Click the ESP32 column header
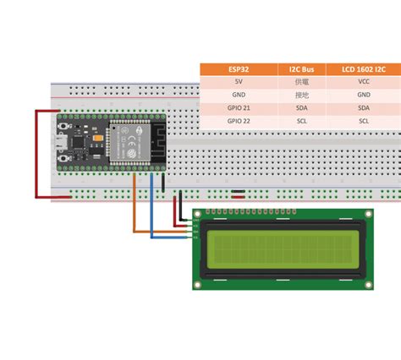tap(239, 69)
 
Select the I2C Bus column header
tap(301, 69)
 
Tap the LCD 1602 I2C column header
tap(364, 69)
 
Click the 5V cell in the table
tap(239, 82)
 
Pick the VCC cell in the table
tap(364, 82)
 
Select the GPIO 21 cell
tap(239, 108)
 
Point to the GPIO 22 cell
tap(239, 121)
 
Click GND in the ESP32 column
tap(239, 95)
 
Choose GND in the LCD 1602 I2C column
tap(364, 95)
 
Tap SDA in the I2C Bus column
tap(301, 108)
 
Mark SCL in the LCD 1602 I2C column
tap(364, 121)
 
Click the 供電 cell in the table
tap(301, 82)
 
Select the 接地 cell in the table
tap(301, 95)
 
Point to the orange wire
tap(135, 211)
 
